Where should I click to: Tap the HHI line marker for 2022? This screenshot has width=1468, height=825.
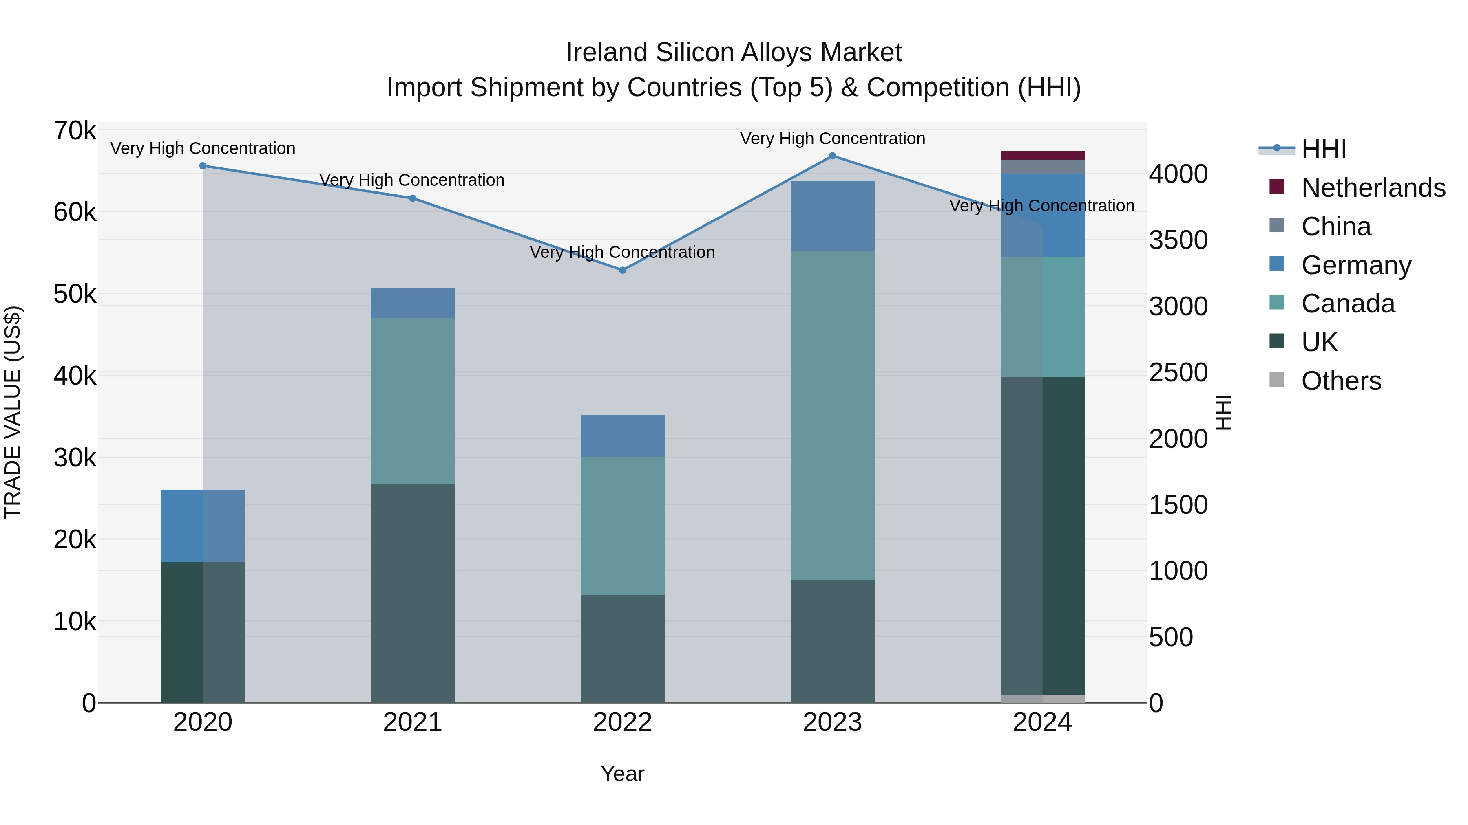click(x=622, y=271)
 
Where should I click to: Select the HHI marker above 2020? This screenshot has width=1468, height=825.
click(x=203, y=166)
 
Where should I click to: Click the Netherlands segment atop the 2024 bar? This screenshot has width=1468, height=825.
click(x=1042, y=156)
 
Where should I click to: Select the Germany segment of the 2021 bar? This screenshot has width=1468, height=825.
click(x=413, y=303)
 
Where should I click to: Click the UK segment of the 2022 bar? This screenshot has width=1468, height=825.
click(x=622, y=649)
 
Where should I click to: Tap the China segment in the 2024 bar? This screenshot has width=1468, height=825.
click(x=1042, y=167)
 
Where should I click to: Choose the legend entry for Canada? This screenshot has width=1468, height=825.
click(x=1348, y=304)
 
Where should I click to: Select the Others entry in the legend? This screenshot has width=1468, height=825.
click(x=1341, y=381)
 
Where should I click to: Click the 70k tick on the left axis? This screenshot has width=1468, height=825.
click(x=75, y=131)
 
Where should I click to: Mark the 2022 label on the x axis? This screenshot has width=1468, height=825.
click(x=622, y=722)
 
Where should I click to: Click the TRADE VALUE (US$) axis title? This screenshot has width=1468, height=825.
click(x=13, y=412)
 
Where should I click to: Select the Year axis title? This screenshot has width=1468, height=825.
click(x=622, y=774)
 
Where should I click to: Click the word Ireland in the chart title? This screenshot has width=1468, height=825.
click(x=606, y=53)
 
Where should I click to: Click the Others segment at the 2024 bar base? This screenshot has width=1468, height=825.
click(x=1042, y=699)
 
